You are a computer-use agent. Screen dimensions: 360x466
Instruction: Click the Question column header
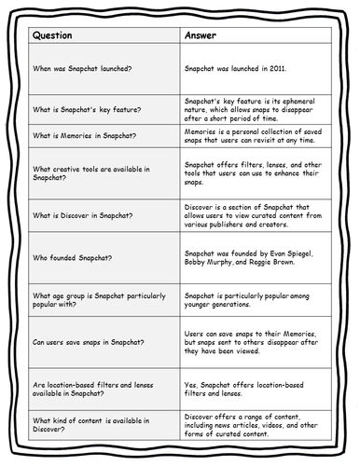pos(59,38)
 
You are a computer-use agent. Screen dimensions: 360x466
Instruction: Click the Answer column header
pos(205,38)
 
